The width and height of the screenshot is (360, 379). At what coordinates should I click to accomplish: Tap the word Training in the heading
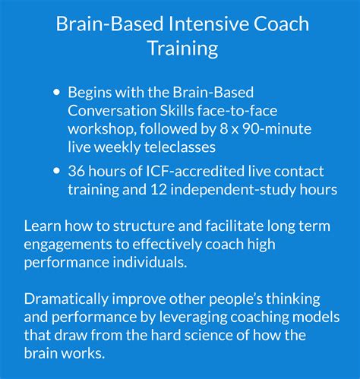[x=182, y=49]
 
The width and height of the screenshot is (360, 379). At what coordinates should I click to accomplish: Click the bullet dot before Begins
[x=56, y=93]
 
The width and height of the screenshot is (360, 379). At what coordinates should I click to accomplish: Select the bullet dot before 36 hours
[x=56, y=171]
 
